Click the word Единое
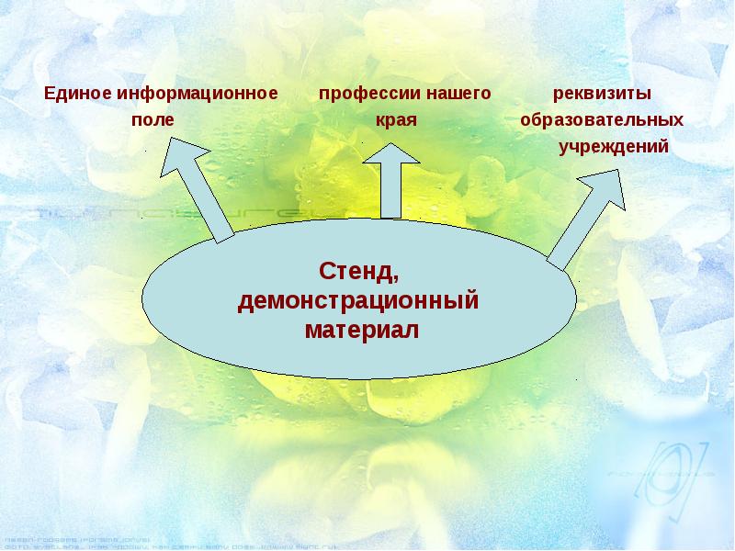[72, 94]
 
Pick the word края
[396, 120]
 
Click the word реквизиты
[602, 94]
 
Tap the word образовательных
[602, 120]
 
